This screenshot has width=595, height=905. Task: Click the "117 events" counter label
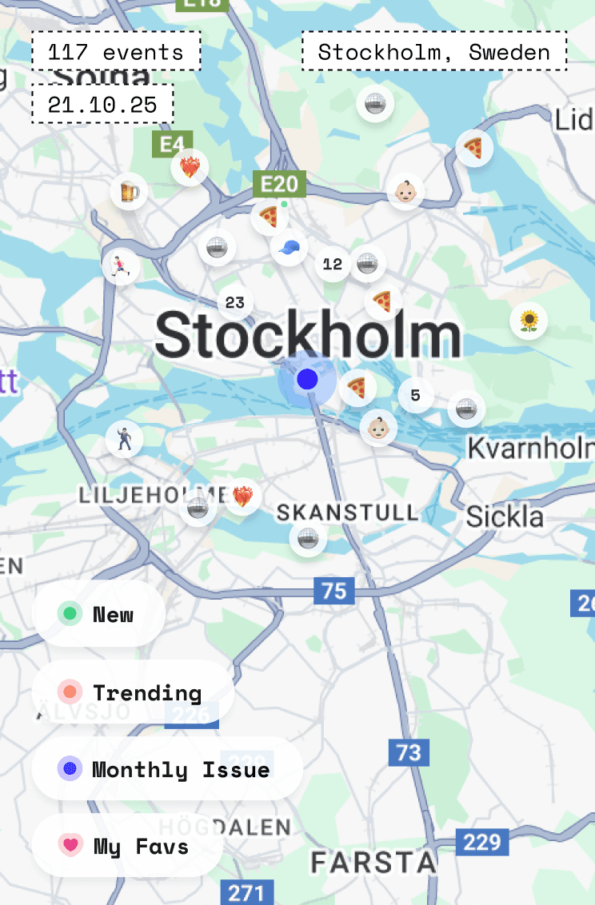click(116, 53)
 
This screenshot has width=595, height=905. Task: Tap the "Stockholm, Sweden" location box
click(434, 53)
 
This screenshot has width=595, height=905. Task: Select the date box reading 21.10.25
click(102, 105)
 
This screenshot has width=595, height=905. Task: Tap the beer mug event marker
click(129, 191)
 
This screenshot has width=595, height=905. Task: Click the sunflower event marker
click(529, 321)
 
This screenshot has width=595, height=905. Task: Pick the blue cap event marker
click(289, 247)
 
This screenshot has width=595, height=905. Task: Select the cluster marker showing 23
click(235, 303)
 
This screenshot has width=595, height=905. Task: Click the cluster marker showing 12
click(333, 264)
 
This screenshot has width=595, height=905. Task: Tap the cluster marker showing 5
click(415, 395)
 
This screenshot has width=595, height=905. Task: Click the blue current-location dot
click(307, 379)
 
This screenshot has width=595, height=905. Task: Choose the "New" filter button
click(98, 614)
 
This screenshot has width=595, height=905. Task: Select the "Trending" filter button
click(133, 692)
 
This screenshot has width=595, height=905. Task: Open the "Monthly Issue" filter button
click(167, 769)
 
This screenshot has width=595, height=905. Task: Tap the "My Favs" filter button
click(127, 845)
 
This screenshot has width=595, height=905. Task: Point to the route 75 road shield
click(334, 591)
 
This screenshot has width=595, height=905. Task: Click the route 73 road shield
click(409, 752)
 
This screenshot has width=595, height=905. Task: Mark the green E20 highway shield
click(280, 185)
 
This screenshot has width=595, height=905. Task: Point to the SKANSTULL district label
click(347, 512)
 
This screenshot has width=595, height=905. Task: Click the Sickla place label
click(505, 516)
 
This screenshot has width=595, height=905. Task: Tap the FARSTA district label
click(373, 863)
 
